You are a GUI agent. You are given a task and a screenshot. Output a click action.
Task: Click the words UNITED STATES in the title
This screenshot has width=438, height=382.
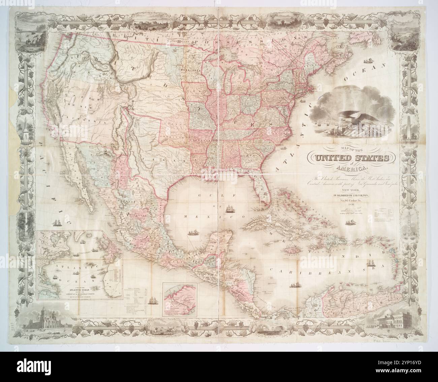pyautogui.click(x=352, y=158)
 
